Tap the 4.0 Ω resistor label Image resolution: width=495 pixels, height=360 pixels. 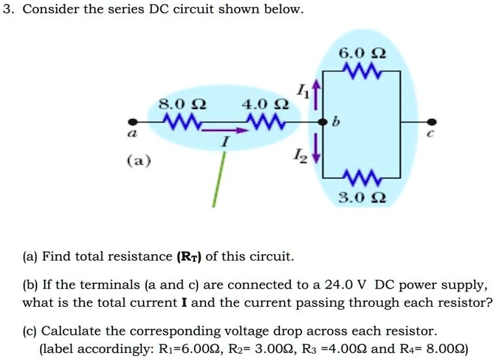(264, 104)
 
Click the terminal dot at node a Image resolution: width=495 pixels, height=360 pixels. (133, 122)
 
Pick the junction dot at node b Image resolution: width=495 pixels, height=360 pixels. (321, 122)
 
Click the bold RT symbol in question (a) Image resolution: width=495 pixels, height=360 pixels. (190, 257)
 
